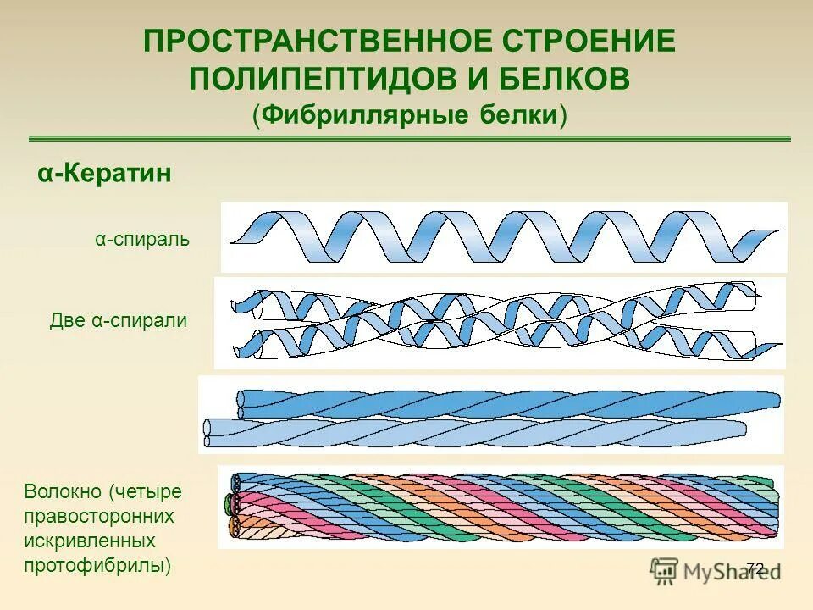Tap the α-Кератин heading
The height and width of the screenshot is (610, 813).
104,174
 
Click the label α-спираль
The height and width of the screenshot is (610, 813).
142,240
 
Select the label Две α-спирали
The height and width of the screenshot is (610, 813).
119,321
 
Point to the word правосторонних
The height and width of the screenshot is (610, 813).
99,516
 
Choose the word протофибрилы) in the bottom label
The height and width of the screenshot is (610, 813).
98,565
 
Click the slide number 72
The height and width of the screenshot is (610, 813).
755,568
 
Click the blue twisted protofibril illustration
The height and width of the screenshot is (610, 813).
491,415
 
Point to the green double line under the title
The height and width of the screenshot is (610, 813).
410,138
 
